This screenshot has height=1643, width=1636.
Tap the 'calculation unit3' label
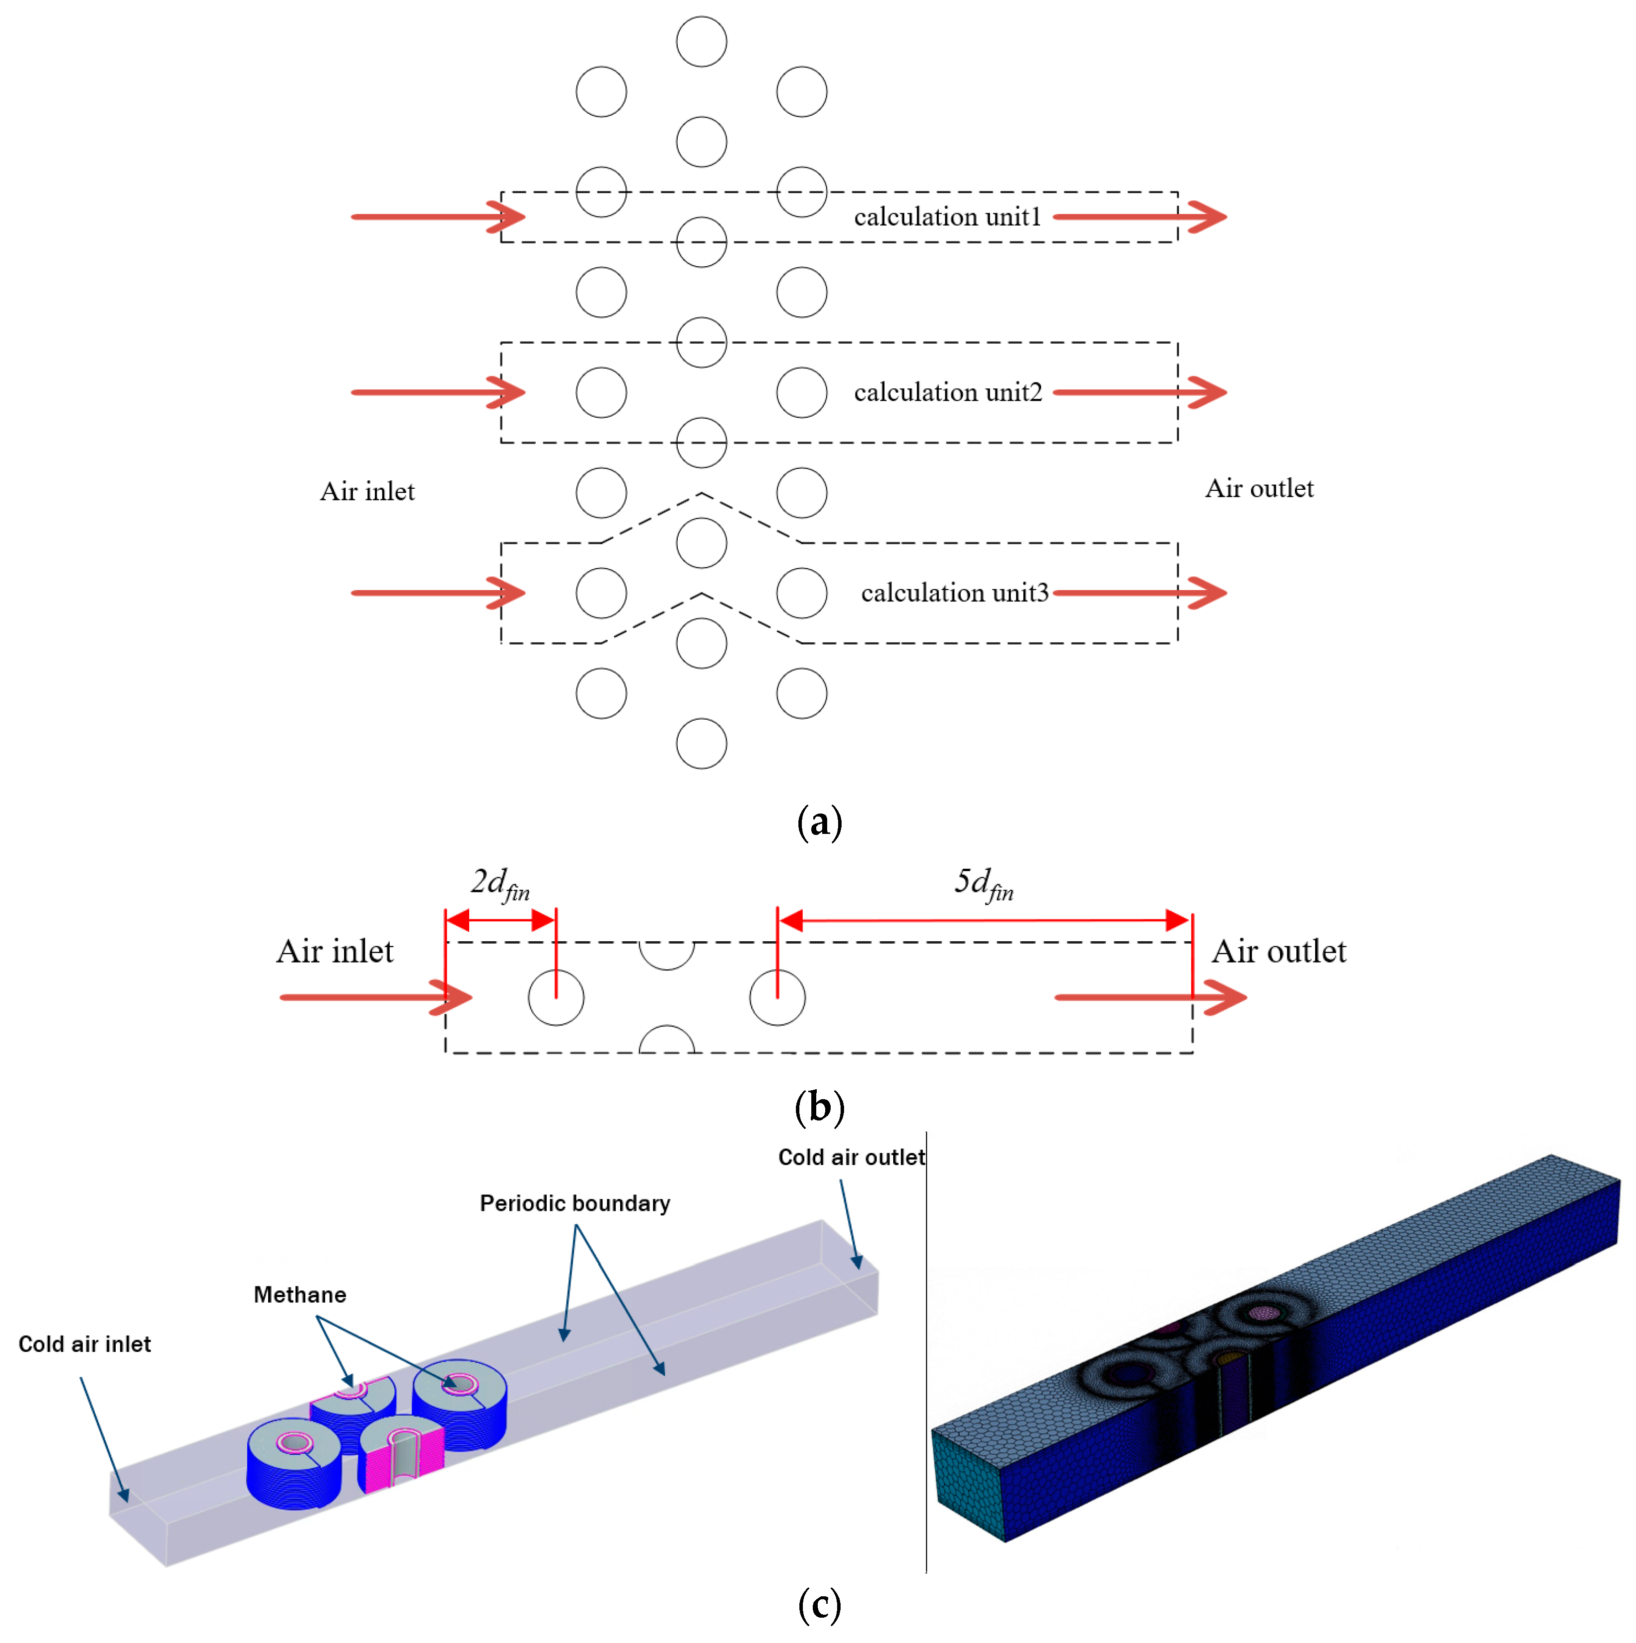tap(954, 592)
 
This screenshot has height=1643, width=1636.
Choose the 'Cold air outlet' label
tap(851, 1157)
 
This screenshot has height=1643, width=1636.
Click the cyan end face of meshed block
tap(968, 1482)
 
